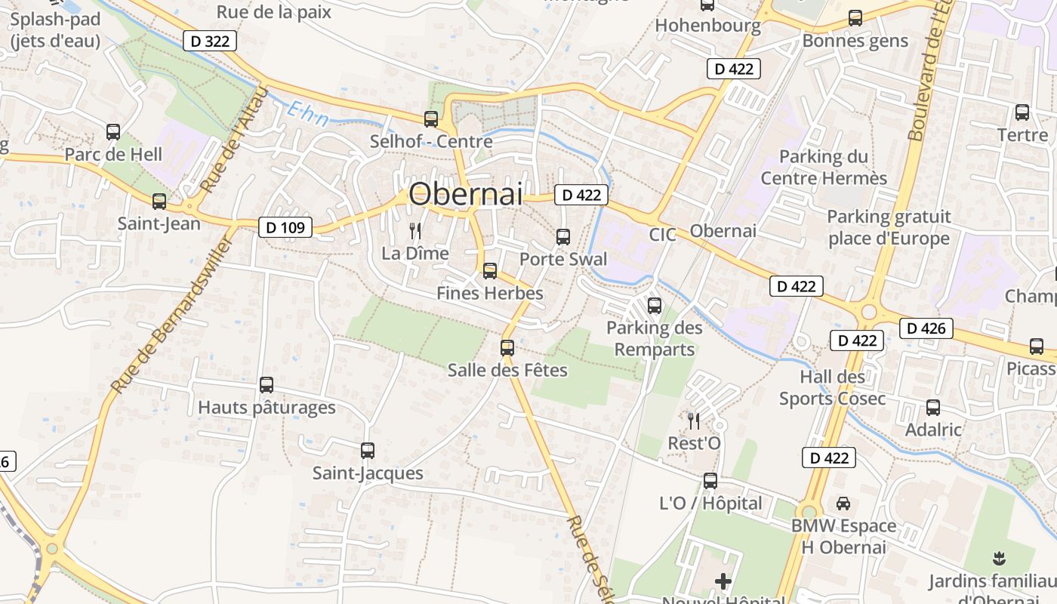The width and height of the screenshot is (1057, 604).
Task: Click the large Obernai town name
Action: pos(465,195)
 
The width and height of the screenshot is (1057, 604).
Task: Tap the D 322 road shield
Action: pos(210,41)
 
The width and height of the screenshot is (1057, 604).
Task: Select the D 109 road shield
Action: pos(285,226)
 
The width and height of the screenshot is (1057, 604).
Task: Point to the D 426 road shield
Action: pos(926,328)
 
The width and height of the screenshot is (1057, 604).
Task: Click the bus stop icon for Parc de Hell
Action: pos(113,132)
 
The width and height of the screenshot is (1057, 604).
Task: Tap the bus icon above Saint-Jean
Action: pos(159,202)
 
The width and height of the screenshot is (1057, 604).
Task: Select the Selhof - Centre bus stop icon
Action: pos(431,119)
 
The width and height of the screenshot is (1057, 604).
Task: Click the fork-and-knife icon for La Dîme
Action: pos(414,230)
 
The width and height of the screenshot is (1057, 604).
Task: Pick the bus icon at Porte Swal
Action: pos(563,237)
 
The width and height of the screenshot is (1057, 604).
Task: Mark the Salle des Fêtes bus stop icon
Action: pos(507,347)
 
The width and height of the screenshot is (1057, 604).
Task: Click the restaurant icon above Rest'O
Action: pos(694,421)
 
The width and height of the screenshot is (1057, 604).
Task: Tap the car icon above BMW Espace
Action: pos(843,503)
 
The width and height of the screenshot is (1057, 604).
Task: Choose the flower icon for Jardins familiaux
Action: pos(1000,559)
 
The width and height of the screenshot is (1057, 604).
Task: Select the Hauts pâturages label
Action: pos(267,408)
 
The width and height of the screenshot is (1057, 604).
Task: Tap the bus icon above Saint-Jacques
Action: pos(368,451)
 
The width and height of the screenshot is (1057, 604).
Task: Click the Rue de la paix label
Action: pos(274,12)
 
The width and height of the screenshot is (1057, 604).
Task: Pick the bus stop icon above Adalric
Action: pos(933,408)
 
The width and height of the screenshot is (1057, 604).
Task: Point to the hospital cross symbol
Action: pos(723,581)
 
